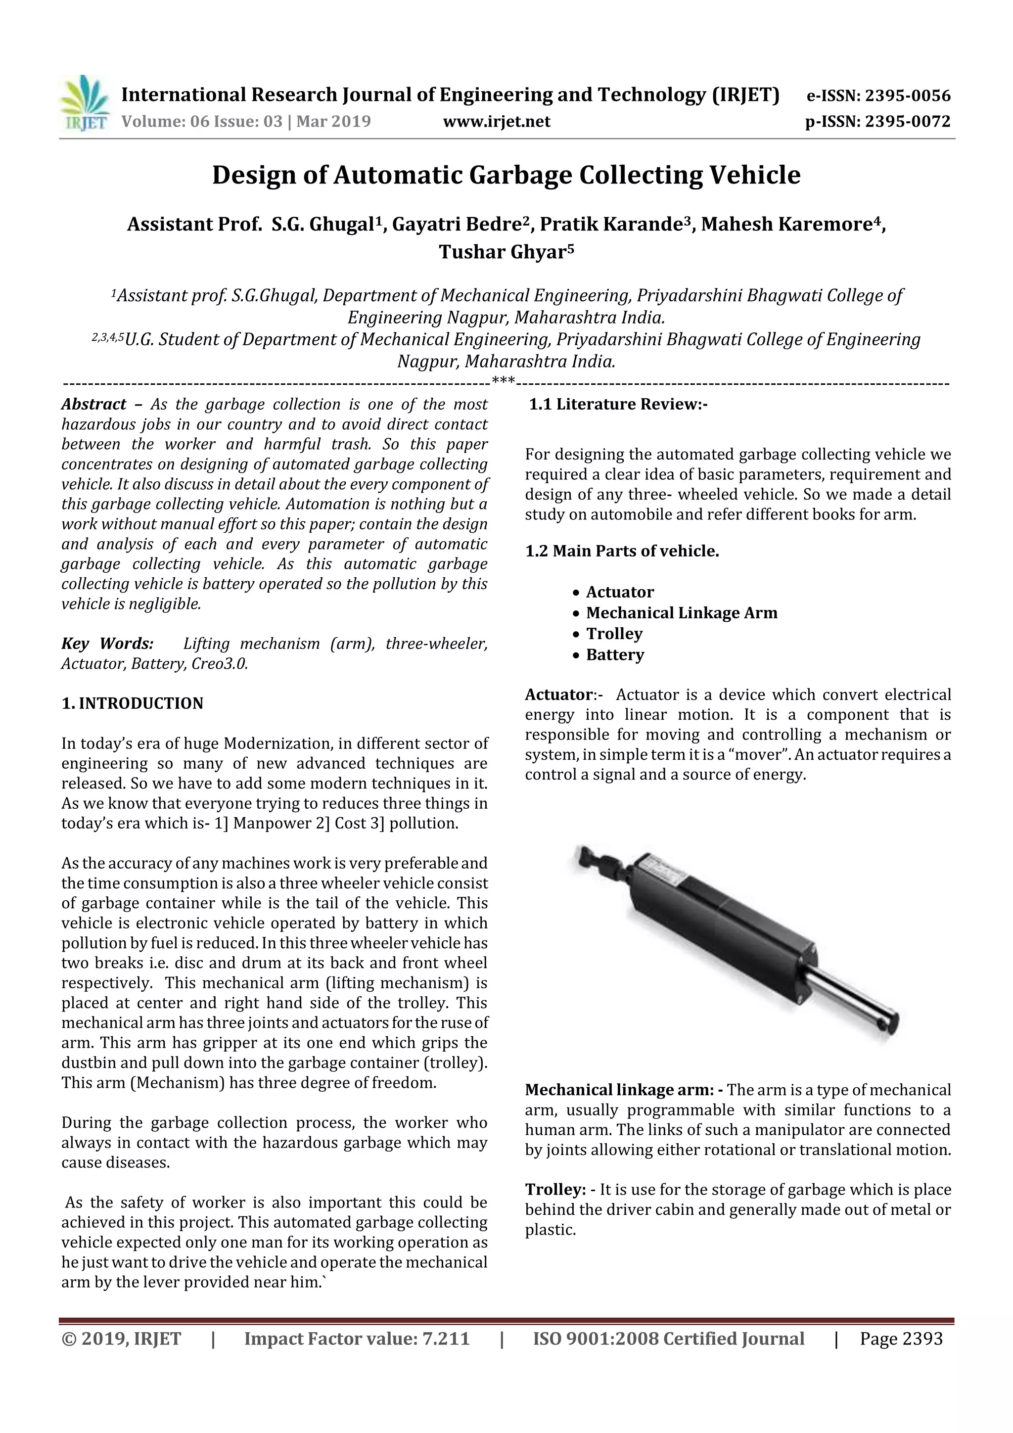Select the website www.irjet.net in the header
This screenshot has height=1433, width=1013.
point(496,121)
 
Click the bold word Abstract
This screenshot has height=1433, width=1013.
point(93,405)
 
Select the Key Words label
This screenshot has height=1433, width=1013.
point(107,644)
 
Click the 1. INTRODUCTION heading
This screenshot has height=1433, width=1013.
point(133,703)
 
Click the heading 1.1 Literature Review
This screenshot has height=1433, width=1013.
point(617,405)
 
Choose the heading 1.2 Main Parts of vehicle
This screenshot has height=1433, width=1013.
point(622,551)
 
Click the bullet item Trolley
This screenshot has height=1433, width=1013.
point(614,634)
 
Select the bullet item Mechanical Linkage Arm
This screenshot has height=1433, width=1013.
point(682,613)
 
